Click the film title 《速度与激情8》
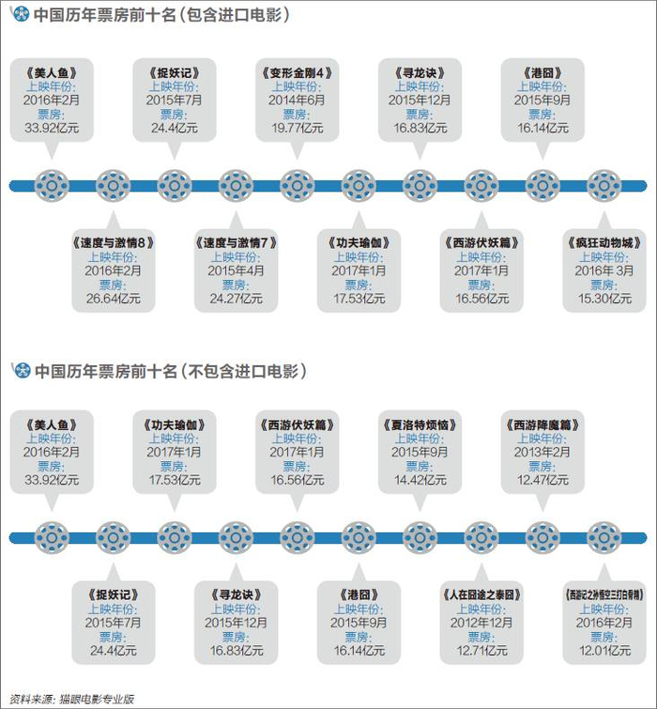coord(114,243)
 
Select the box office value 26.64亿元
coord(114,299)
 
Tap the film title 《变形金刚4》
coord(297,73)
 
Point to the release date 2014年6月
coord(297,100)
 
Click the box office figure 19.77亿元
coord(297,128)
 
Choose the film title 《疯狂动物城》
coord(604,243)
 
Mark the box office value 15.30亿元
coord(604,299)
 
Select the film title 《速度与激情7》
coord(236,243)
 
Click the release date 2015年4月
coord(236,270)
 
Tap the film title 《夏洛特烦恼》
coord(420,425)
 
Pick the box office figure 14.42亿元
coord(420,480)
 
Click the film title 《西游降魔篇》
coord(542,425)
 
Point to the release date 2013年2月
coord(542,453)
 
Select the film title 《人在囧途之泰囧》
coord(481,594)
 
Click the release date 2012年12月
coord(481,623)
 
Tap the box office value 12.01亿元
coord(604,650)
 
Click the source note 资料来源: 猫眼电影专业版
coord(72,699)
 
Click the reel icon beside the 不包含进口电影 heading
coord(23,370)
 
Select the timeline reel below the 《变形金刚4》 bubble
coord(297,185)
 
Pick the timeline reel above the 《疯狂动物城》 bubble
coord(604,185)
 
